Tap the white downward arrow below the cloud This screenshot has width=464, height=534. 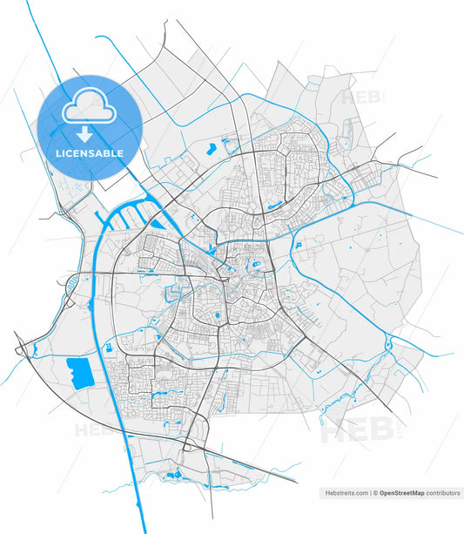point(84,134)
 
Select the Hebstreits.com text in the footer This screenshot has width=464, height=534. point(346,493)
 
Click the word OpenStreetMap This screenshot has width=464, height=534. point(401,493)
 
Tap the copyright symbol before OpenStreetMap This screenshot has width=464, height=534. point(375,493)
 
